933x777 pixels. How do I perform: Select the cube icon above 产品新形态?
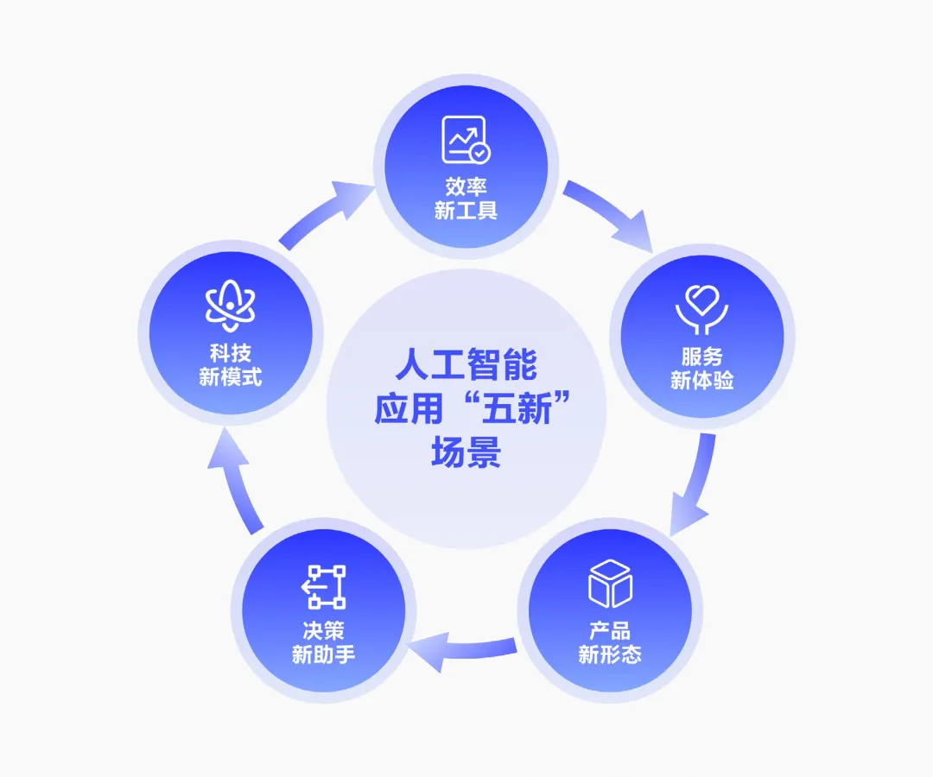pyautogui.click(x=610, y=584)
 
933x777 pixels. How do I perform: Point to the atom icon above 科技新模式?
pyautogui.click(x=230, y=307)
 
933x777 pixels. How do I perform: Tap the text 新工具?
pyautogui.click(x=466, y=211)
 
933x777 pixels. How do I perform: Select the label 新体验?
pyautogui.click(x=701, y=380)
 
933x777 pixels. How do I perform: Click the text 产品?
pyautogui.click(x=610, y=630)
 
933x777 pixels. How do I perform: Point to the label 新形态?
pyautogui.click(x=610, y=654)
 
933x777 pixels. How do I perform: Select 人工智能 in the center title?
pyautogui.click(x=466, y=364)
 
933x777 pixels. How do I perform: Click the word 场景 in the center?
pyautogui.click(x=466, y=454)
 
